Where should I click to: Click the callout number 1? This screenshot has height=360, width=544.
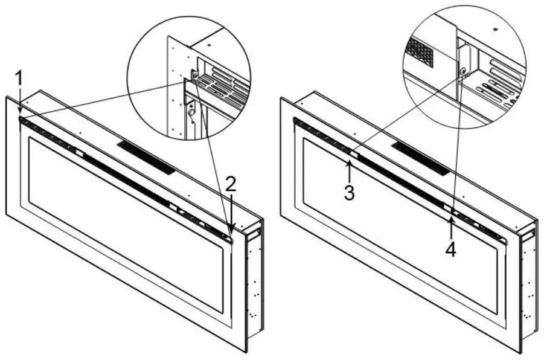[x=19, y=79]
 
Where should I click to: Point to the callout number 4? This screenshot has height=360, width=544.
[x=450, y=249]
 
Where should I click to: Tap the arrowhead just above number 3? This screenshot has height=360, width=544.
[x=350, y=162]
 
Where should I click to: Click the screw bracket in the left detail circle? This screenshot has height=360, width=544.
[x=194, y=75]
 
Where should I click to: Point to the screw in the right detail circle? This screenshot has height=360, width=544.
[x=463, y=71]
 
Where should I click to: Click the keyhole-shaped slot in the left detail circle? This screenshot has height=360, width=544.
[x=191, y=112]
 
